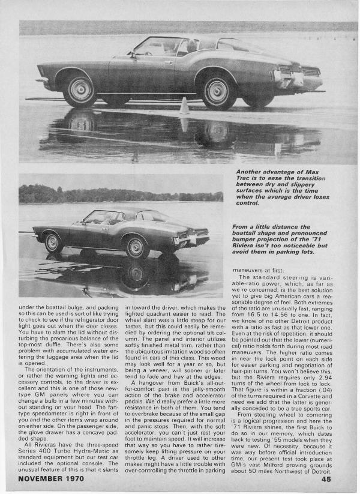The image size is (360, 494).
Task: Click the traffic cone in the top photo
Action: (184, 107)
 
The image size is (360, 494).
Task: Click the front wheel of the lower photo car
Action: (53, 242)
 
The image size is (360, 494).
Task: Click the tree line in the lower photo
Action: (120, 196)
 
